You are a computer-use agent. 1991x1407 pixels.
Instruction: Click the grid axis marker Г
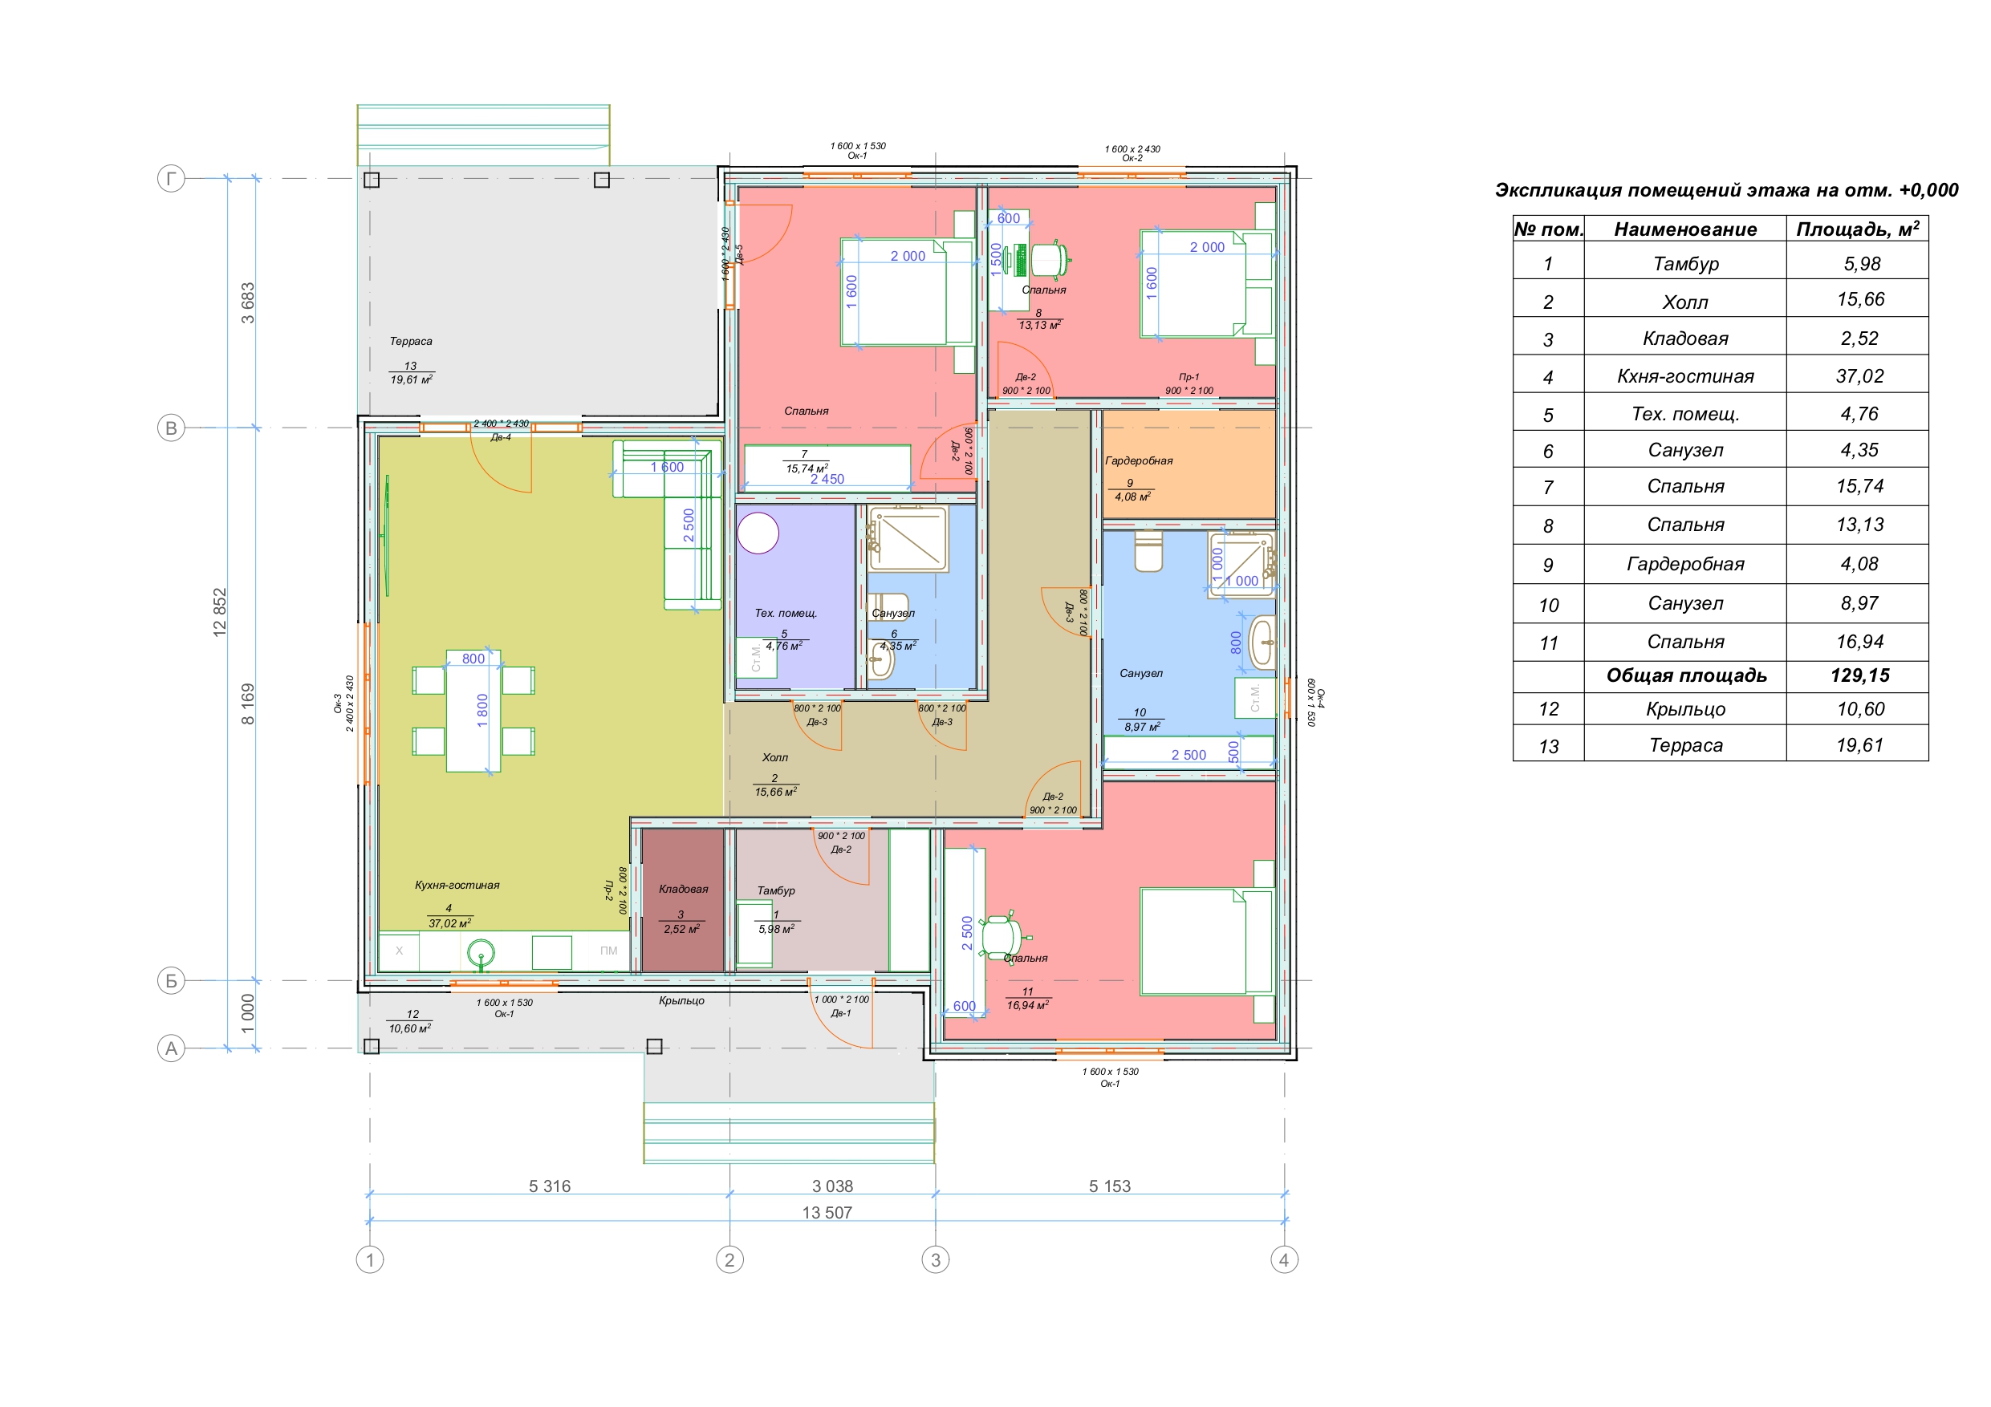[x=171, y=180]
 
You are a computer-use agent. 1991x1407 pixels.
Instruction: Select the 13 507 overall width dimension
[x=827, y=1212]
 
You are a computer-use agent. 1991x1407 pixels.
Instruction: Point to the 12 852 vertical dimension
[x=219, y=612]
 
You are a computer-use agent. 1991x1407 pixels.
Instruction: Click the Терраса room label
[x=410, y=342]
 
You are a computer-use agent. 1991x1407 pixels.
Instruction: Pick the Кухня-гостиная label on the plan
[x=457, y=885]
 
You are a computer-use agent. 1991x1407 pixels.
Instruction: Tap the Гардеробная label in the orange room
[x=1139, y=460]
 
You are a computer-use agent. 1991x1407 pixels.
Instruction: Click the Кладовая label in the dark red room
[x=683, y=889]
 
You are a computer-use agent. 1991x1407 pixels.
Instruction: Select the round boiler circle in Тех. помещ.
[x=758, y=533]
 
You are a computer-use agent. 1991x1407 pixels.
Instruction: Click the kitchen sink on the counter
[x=481, y=954]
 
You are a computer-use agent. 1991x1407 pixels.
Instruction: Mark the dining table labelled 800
[x=473, y=710]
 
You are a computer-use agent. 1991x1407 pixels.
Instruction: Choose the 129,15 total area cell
[x=1860, y=675]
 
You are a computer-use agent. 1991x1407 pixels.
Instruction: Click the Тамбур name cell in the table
[x=1686, y=264]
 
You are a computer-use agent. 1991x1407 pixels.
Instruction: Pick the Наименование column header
[x=1685, y=229]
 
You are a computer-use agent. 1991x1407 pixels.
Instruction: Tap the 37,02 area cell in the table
[x=1859, y=376]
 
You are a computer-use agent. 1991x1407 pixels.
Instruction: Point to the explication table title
[x=1725, y=190]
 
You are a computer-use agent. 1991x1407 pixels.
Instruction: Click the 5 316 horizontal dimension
[x=550, y=1186]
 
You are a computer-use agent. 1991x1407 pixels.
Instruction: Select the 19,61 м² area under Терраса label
[x=411, y=379]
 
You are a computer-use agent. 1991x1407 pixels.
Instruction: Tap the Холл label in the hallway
[x=774, y=758]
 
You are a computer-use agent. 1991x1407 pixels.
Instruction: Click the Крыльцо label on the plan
[x=681, y=1000]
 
